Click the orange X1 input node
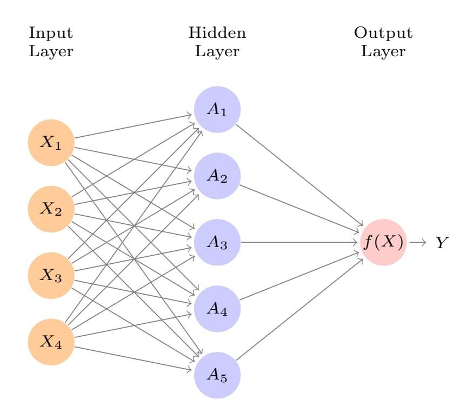tap(51, 143)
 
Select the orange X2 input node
tap(51, 210)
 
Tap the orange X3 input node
tap(51, 276)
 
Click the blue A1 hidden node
tap(217, 110)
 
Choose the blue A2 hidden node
tap(217, 176)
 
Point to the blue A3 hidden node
tap(217, 243)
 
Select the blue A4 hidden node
tap(217, 309)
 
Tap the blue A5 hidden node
tap(217, 376)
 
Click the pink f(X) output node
tap(383, 243)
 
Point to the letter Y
tap(443, 243)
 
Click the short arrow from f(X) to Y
tap(418, 243)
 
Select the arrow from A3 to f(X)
tap(303, 243)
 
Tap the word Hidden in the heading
tap(217, 33)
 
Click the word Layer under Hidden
tap(217, 52)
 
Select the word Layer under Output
tap(383, 52)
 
